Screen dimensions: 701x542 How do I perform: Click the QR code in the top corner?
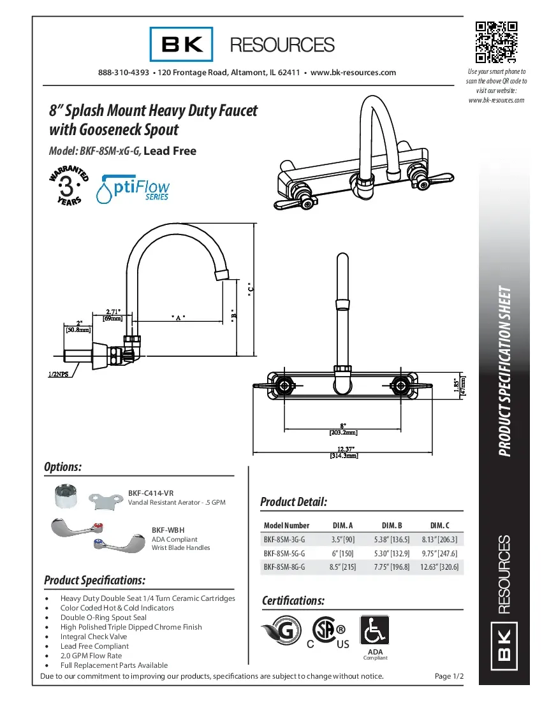click(496, 43)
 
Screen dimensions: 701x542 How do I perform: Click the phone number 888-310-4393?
click(124, 73)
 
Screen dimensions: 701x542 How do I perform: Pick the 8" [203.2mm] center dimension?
click(343, 428)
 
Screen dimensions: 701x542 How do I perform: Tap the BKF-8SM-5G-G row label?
click(284, 553)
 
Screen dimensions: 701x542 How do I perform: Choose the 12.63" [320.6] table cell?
click(439, 567)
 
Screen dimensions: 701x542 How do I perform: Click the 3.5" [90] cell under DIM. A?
click(343, 539)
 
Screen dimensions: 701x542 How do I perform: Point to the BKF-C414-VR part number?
click(150, 493)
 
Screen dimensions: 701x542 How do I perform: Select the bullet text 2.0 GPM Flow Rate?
click(91, 655)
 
